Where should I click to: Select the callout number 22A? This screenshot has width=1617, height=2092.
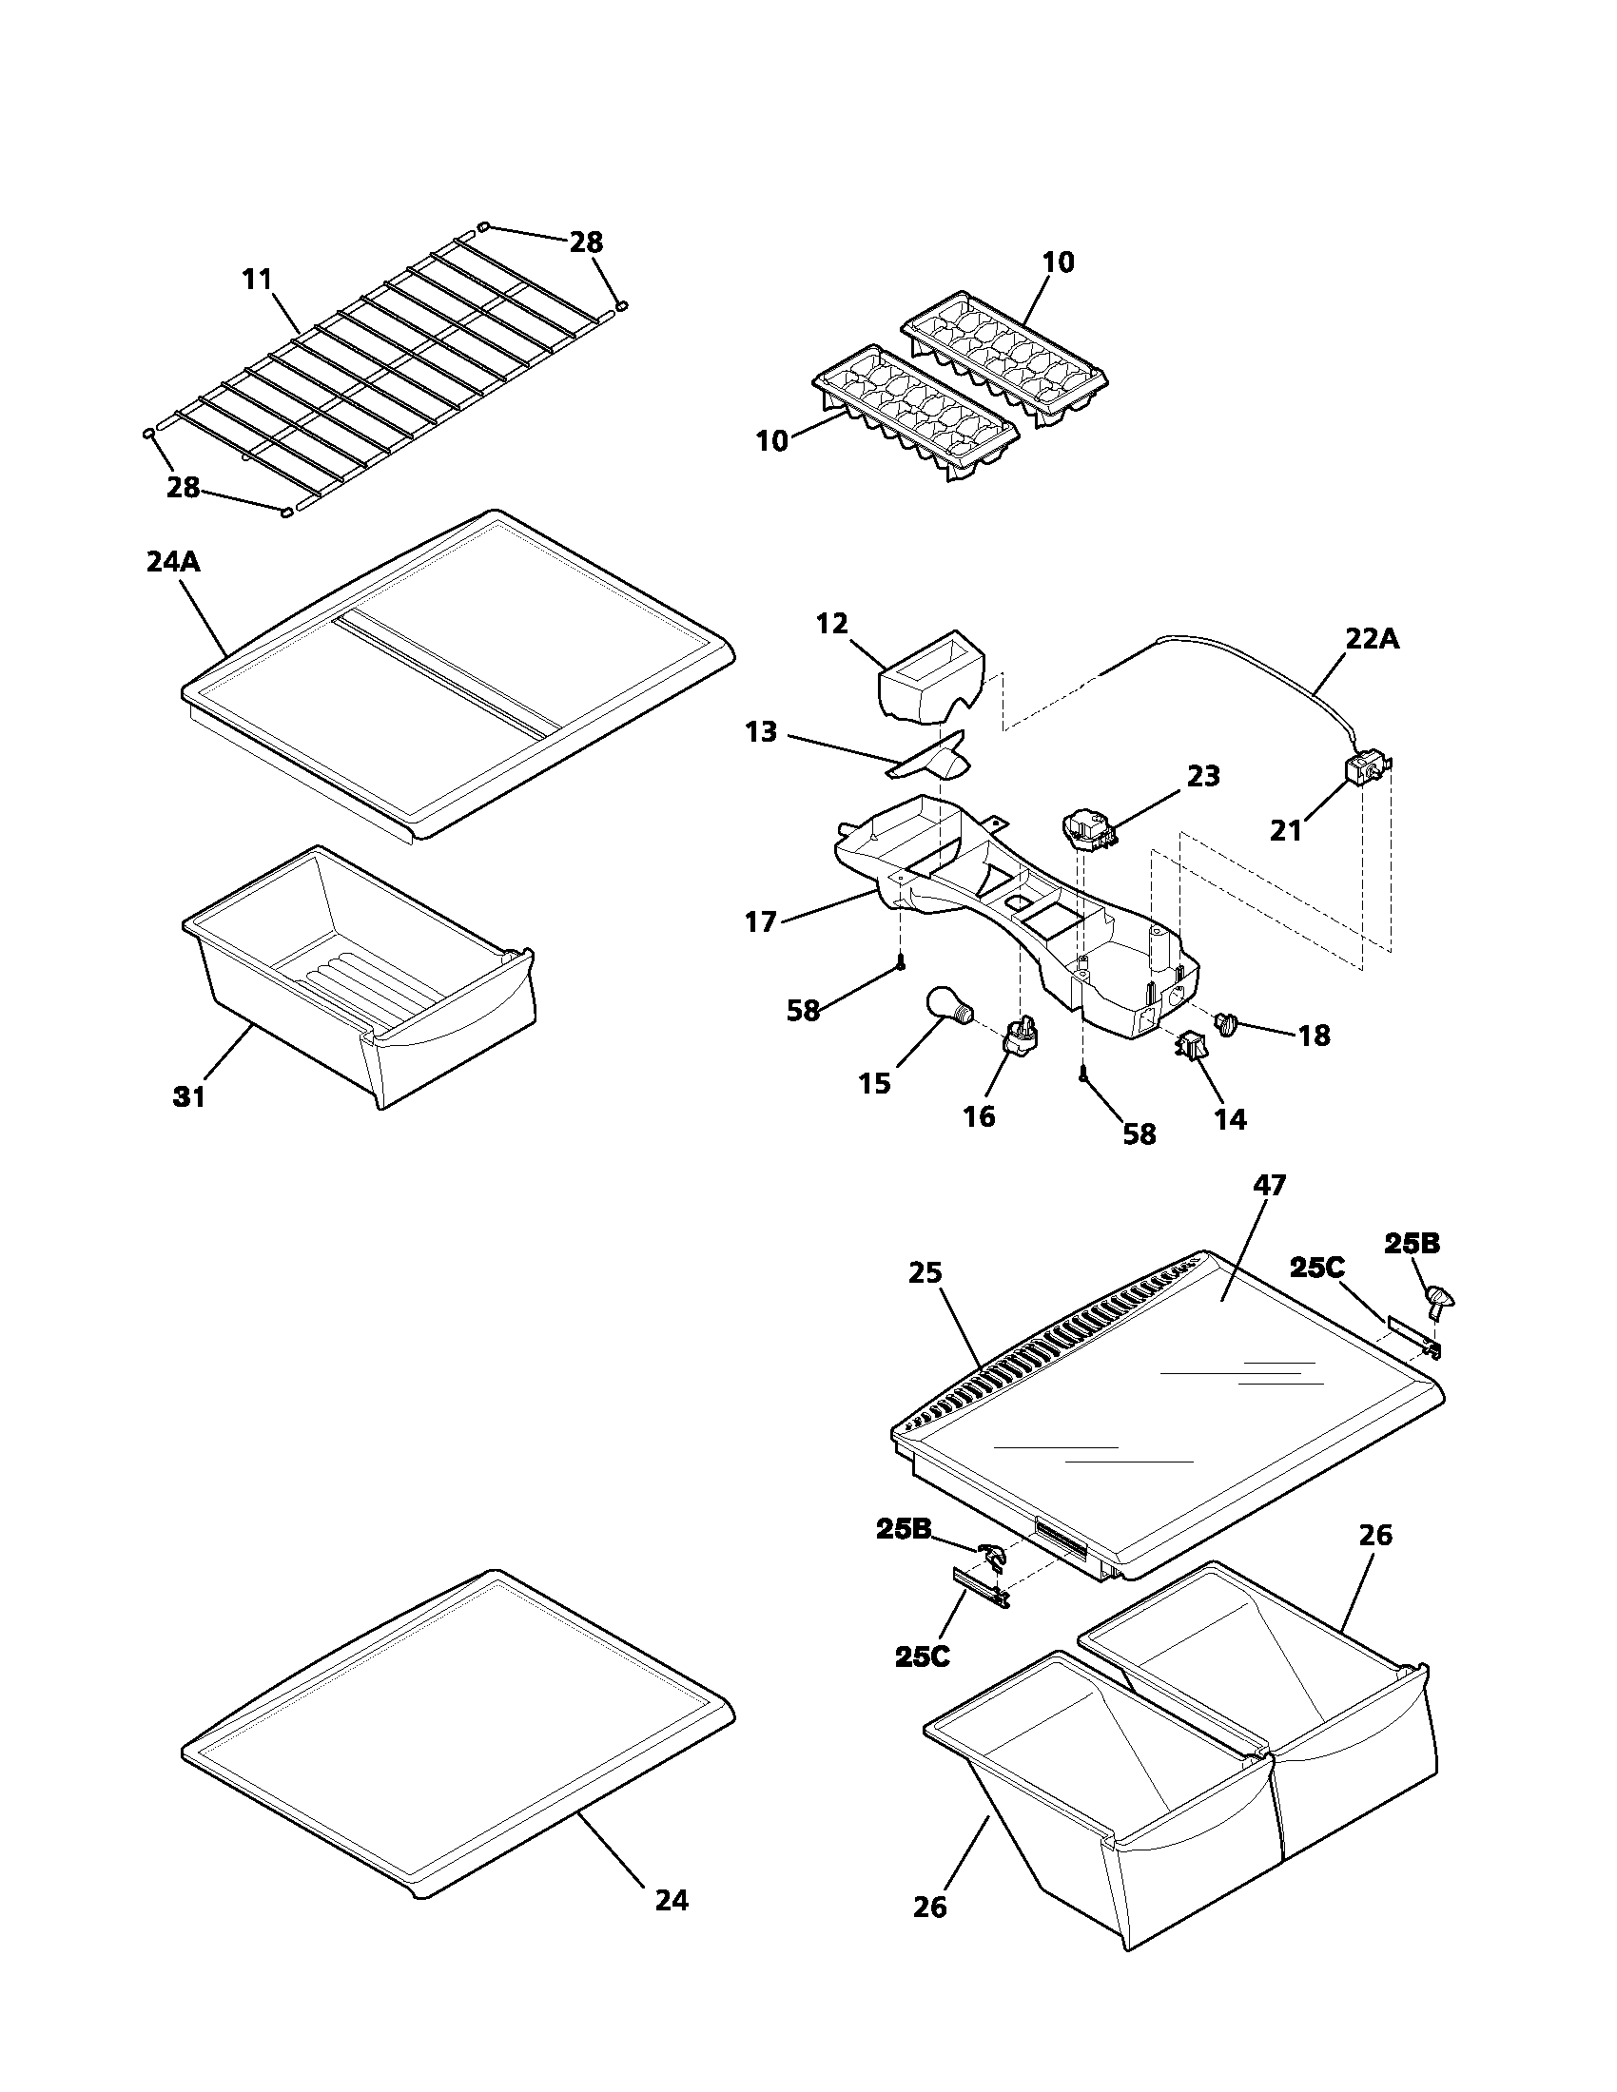pyautogui.click(x=1372, y=640)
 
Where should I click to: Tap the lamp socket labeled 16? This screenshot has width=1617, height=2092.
pyautogui.click(x=1021, y=1036)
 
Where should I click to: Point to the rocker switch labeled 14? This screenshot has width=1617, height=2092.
pyautogui.click(x=1193, y=1046)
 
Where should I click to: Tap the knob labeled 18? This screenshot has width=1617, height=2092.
pyautogui.click(x=1227, y=1025)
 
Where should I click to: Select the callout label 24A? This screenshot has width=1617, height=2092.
pyautogui.click(x=173, y=561)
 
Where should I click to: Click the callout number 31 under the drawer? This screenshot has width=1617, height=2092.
pyautogui.click(x=188, y=1096)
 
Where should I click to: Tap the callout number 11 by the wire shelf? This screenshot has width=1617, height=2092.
pyautogui.click(x=257, y=280)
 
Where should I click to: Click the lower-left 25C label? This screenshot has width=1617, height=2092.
pyautogui.click(x=923, y=1656)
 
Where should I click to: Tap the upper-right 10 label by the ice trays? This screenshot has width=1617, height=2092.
pyautogui.click(x=1058, y=261)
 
